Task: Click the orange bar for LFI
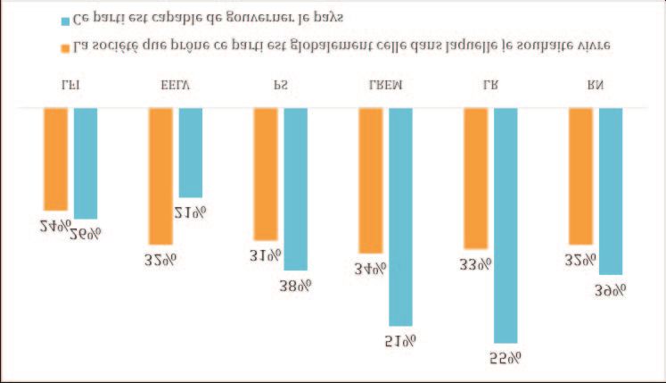click(55, 159)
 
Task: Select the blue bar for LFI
click(86, 163)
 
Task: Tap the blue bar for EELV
click(191, 152)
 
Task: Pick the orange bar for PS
click(266, 174)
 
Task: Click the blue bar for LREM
click(400, 216)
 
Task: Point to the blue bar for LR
click(506, 225)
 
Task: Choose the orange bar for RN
click(580, 176)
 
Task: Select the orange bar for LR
click(475, 178)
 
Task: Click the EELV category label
click(175, 86)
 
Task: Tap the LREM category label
click(385, 86)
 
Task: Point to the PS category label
click(281, 86)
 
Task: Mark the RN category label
click(596, 86)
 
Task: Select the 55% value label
click(505, 357)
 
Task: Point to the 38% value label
click(295, 284)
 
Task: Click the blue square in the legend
click(66, 20)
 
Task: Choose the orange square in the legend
click(66, 44)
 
